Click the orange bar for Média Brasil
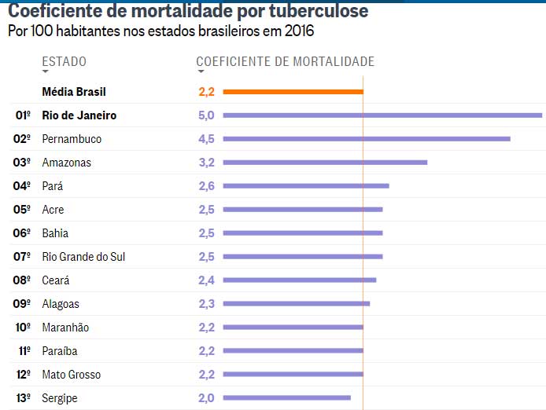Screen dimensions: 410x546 pos(293,92)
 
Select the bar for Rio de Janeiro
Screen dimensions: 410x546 pos(382,115)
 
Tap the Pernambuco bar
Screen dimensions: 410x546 pos(367,139)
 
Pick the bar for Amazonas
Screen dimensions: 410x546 pos(325,163)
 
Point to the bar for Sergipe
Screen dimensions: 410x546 pos(286,398)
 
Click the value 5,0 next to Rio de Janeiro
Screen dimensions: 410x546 pos(206,115)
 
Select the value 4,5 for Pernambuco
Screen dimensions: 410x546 pos(206,139)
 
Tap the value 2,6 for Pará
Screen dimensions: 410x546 pos(206,186)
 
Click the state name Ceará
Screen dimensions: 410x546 pos(56,280)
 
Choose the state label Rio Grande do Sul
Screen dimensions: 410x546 pos(83,257)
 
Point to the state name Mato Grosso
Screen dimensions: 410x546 pos(72,375)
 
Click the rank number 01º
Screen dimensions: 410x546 pos(23,115)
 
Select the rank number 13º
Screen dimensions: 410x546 pos(23,398)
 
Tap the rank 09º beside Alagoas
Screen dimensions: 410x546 pos(23,304)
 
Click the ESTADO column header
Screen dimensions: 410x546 pos(64,62)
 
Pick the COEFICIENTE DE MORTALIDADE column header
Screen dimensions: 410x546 pos(285,62)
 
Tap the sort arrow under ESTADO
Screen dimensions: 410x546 pos(46,72)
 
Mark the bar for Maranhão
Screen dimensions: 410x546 pos(293,328)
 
